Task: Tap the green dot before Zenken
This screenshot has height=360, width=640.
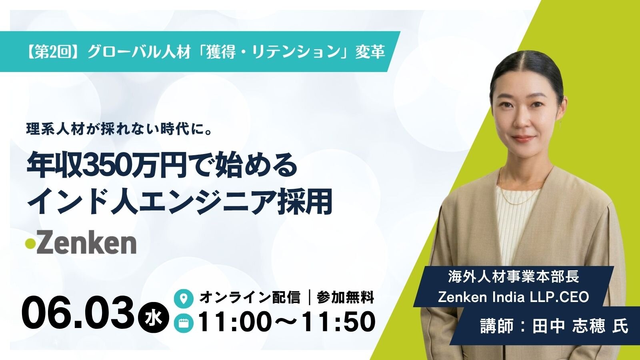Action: pos(30,244)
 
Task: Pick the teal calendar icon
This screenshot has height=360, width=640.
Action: pos(184,323)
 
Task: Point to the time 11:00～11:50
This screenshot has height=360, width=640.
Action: pos(286,322)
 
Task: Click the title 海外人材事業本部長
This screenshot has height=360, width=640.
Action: pos(514,277)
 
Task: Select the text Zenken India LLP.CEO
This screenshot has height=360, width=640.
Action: pos(514,297)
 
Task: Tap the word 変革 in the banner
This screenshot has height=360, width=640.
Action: pos(370,52)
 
